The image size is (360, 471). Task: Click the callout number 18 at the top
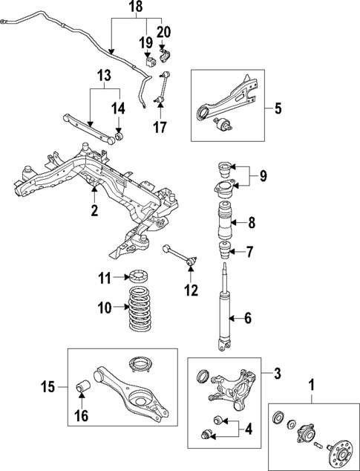click(134, 7)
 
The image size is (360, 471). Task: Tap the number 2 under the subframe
click(94, 211)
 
